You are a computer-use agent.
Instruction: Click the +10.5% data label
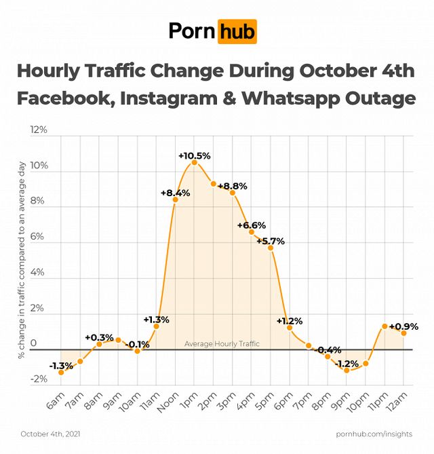click(x=195, y=155)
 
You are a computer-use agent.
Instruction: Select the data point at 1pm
click(x=195, y=162)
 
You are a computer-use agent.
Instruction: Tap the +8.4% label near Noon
click(x=175, y=193)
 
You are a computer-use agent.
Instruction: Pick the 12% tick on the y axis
click(x=39, y=130)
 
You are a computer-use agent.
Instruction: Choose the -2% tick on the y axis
click(x=39, y=379)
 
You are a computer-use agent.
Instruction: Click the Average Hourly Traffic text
click(x=222, y=344)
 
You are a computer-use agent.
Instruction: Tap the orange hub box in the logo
click(x=237, y=31)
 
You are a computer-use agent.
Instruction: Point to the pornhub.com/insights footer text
click(x=374, y=433)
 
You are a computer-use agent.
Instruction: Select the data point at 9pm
click(x=347, y=370)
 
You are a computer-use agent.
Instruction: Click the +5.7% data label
click(x=271, y=241)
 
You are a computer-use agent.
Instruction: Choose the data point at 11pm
click(x=384, y=326)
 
